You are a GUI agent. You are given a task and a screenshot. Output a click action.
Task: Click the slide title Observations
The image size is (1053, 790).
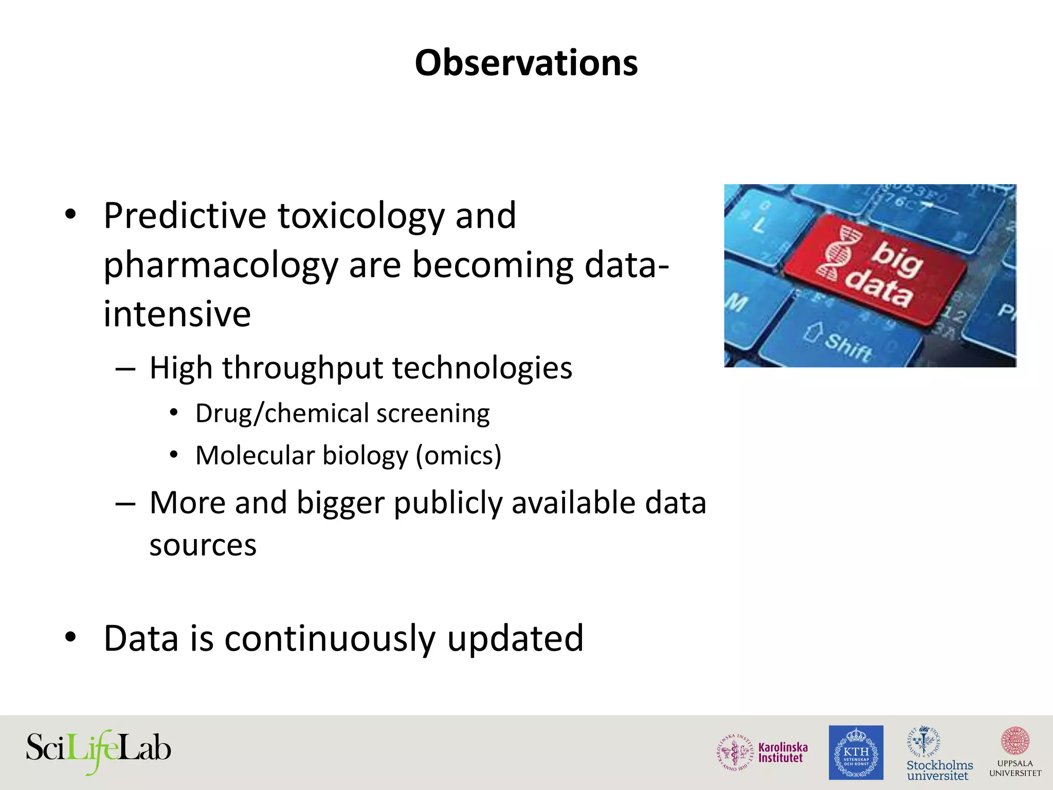coord(526,63)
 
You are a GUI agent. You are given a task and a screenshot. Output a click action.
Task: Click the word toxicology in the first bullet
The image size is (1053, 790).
coord(361,216)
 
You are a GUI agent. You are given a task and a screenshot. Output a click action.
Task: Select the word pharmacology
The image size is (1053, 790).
coord(221,265)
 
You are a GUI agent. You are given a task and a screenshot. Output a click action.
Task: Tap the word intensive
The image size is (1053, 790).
coord(177,314)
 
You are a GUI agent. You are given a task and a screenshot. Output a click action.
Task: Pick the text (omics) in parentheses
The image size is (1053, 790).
coord(458,456)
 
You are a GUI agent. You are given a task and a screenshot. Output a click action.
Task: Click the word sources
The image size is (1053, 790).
coord(203,545)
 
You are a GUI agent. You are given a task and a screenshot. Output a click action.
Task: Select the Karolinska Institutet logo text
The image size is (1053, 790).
coord(783,752)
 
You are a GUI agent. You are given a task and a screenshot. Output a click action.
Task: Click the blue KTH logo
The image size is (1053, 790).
coord(856,752)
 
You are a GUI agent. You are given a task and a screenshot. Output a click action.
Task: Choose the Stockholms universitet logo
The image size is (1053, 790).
coord(939,754)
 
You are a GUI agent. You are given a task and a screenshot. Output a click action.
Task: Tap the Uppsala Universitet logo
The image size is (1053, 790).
coord(1015,752)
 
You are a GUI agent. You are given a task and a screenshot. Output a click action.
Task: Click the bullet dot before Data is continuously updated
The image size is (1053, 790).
coord(70,638)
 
